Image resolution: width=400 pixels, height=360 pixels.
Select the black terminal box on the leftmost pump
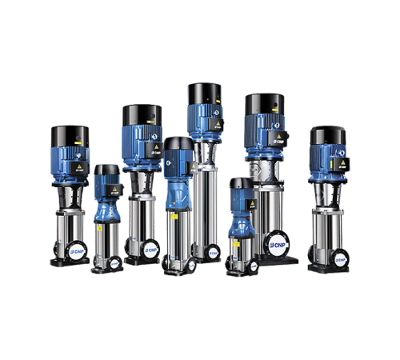tap(80, 168)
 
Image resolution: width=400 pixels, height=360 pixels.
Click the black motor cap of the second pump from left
tap(106, 170)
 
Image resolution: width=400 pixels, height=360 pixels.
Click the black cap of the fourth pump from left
tap(178, 144)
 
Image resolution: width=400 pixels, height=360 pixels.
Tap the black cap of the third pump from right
tap(241, 184)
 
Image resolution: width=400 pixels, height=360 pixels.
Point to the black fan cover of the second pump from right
tap(264, 103)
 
